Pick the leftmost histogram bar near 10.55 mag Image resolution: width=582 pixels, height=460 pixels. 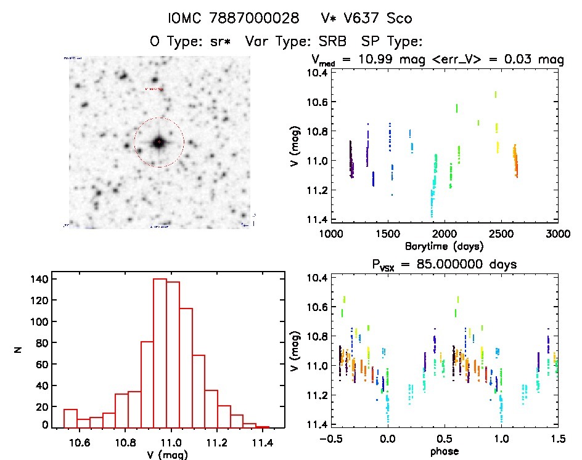tap(70, 418)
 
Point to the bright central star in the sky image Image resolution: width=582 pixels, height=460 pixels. tap(158, 142)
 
